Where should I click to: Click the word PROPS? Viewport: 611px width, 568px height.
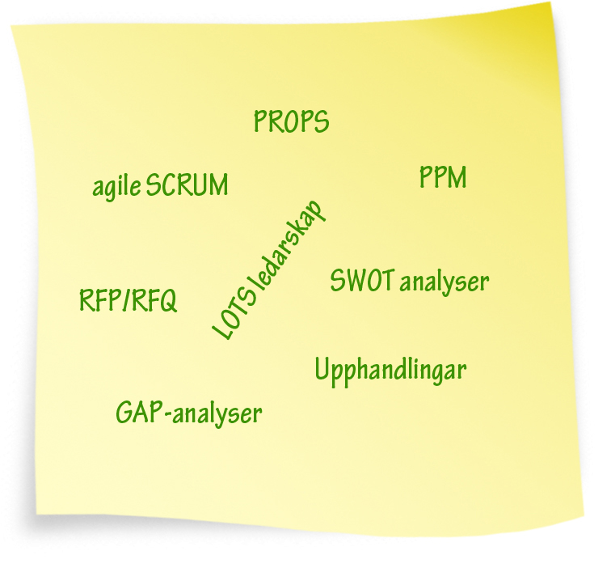(292, 121)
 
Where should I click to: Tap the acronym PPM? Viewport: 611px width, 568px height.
(443, 177)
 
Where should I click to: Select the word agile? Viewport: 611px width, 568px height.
(116, 186)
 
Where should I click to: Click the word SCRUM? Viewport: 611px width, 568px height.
(187, 184)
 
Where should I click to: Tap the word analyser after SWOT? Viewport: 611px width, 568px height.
(445, 283)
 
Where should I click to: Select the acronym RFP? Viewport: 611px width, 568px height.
(99, 300)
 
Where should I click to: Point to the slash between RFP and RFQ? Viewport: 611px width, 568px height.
(124, 300)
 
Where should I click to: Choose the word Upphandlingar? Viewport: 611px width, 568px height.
(391, 371)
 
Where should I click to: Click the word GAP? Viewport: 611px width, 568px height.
(139, 412)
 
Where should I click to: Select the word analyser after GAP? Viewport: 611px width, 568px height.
(217, 414)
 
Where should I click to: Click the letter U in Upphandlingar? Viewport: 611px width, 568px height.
(322, 369)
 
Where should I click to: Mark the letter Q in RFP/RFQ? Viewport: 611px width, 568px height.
(168, 301)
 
